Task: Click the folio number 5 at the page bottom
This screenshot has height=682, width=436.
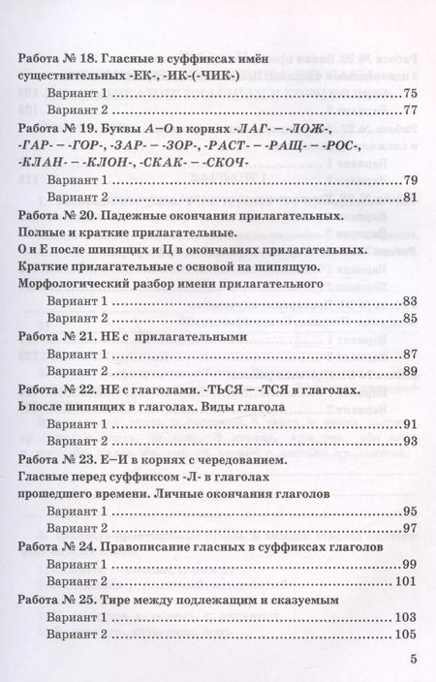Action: [413, 660]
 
